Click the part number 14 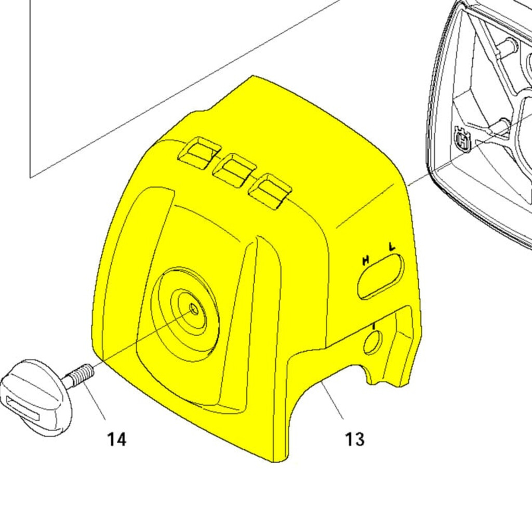point(117,439)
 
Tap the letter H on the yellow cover point(365,261)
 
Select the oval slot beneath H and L point(381,276)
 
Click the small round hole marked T point(373,343)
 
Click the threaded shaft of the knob point(79,375)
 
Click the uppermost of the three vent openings point(200,153)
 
